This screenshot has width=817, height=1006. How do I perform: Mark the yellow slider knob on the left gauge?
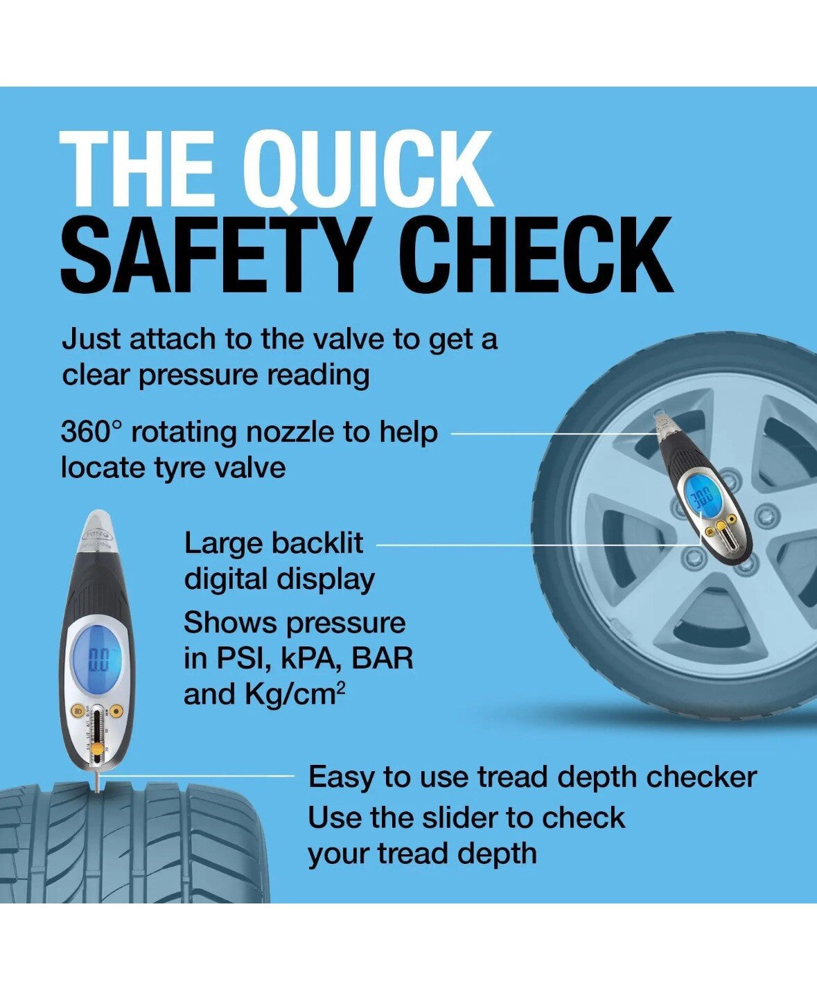point(97,749)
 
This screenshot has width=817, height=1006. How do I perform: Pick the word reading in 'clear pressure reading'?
point(318,376)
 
